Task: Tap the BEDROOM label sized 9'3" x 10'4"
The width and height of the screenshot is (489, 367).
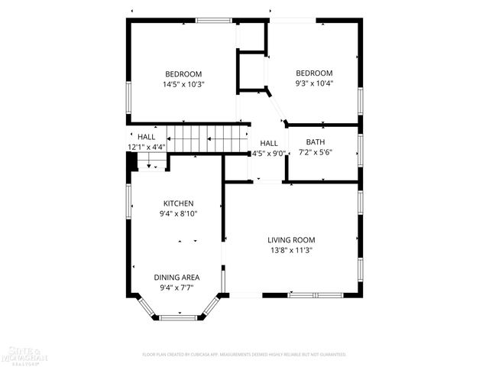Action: click(x=315, y=73)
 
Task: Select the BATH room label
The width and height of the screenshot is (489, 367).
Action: click(x=315, y=142)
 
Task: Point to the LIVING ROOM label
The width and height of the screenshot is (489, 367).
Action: click(x=290, y=240)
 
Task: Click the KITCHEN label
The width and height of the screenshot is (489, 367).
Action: click(x=178, y=203)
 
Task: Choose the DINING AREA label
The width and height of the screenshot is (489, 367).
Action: click(x=177, y=278)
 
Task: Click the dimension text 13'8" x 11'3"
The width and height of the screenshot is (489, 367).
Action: click(x=290, y=250)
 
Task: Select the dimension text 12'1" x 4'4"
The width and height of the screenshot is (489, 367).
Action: click(x=146, y=147)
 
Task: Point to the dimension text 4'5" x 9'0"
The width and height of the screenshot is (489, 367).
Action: click(x=269, y=153)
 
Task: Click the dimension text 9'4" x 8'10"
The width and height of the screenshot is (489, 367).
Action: click(x=178, y=214)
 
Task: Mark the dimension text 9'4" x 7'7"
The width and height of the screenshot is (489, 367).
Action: click(x=177, y=288)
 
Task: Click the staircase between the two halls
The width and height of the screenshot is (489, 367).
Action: click(x=206, y=138)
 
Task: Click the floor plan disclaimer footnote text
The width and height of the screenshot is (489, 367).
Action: click(x=244, y=355)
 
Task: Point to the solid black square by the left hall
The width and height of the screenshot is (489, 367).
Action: click(x=131, y=162)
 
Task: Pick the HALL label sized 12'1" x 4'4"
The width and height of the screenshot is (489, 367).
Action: click(x=146, y=137)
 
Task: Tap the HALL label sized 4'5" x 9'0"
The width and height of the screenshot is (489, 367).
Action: click(x=269, y=143)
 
